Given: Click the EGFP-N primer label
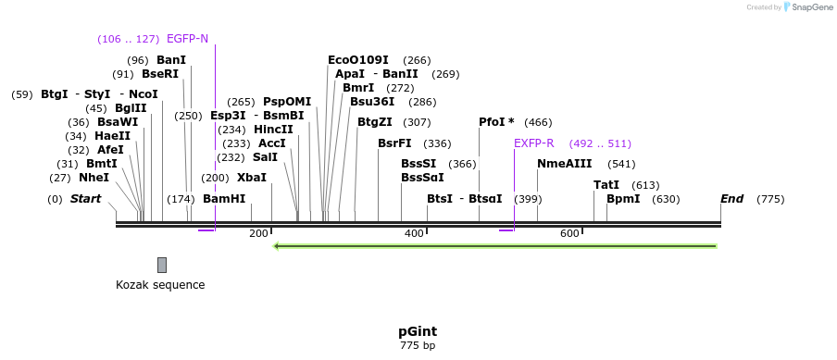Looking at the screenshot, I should click(x=187, y=39).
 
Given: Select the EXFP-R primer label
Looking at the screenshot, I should click(x=533, y=143).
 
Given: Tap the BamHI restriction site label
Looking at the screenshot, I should click(x=224, y=199).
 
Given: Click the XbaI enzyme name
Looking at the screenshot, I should click(x=251, y=177).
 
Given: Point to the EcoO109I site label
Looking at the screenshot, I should click(x=358, y=60).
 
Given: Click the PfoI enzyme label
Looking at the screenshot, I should click(x=496, y=122).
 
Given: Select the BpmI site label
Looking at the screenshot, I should click(x=623, y=199).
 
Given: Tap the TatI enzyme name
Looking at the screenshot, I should click(x=606, y=185).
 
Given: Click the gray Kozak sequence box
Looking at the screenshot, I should click(x=162, y=265).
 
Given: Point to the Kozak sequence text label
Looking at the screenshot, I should click(x=160, y=285).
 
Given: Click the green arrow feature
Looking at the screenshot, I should click(x=495, y=246).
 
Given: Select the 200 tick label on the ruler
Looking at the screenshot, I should click(x=258, y=234).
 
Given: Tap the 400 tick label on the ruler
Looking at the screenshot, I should click(x=414, y=234).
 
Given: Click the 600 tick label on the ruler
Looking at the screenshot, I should click(x=569, y=234).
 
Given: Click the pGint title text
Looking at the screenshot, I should click(x=418, y=331).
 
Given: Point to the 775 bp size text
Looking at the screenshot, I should click(x=418, y=346).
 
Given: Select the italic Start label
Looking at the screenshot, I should click(x=85, y=199).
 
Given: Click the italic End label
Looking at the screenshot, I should click(x=732, y=199).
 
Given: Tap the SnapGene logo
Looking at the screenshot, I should click(x=808, y=7).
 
